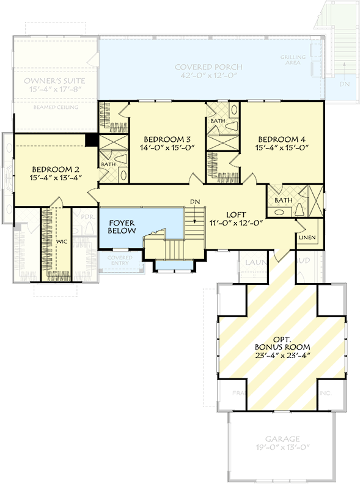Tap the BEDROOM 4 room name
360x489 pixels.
(281, 138)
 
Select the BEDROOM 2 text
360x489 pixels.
(55, 169)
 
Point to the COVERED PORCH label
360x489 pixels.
(208, 67)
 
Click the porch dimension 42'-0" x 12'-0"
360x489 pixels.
(208, 76)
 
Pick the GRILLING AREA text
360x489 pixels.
(293, 59)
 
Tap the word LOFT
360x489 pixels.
(236, 215)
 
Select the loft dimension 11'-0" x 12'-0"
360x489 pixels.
(236, 223)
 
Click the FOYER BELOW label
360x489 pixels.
(122, 227)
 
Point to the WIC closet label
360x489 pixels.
(61, 242)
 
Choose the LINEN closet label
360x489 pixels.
(307, 237)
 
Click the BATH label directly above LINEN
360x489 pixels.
(283, 200)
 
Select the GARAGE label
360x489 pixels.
(282, 439)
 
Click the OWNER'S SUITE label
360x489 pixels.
(54, 81)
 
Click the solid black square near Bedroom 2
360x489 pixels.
(91, 139)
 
